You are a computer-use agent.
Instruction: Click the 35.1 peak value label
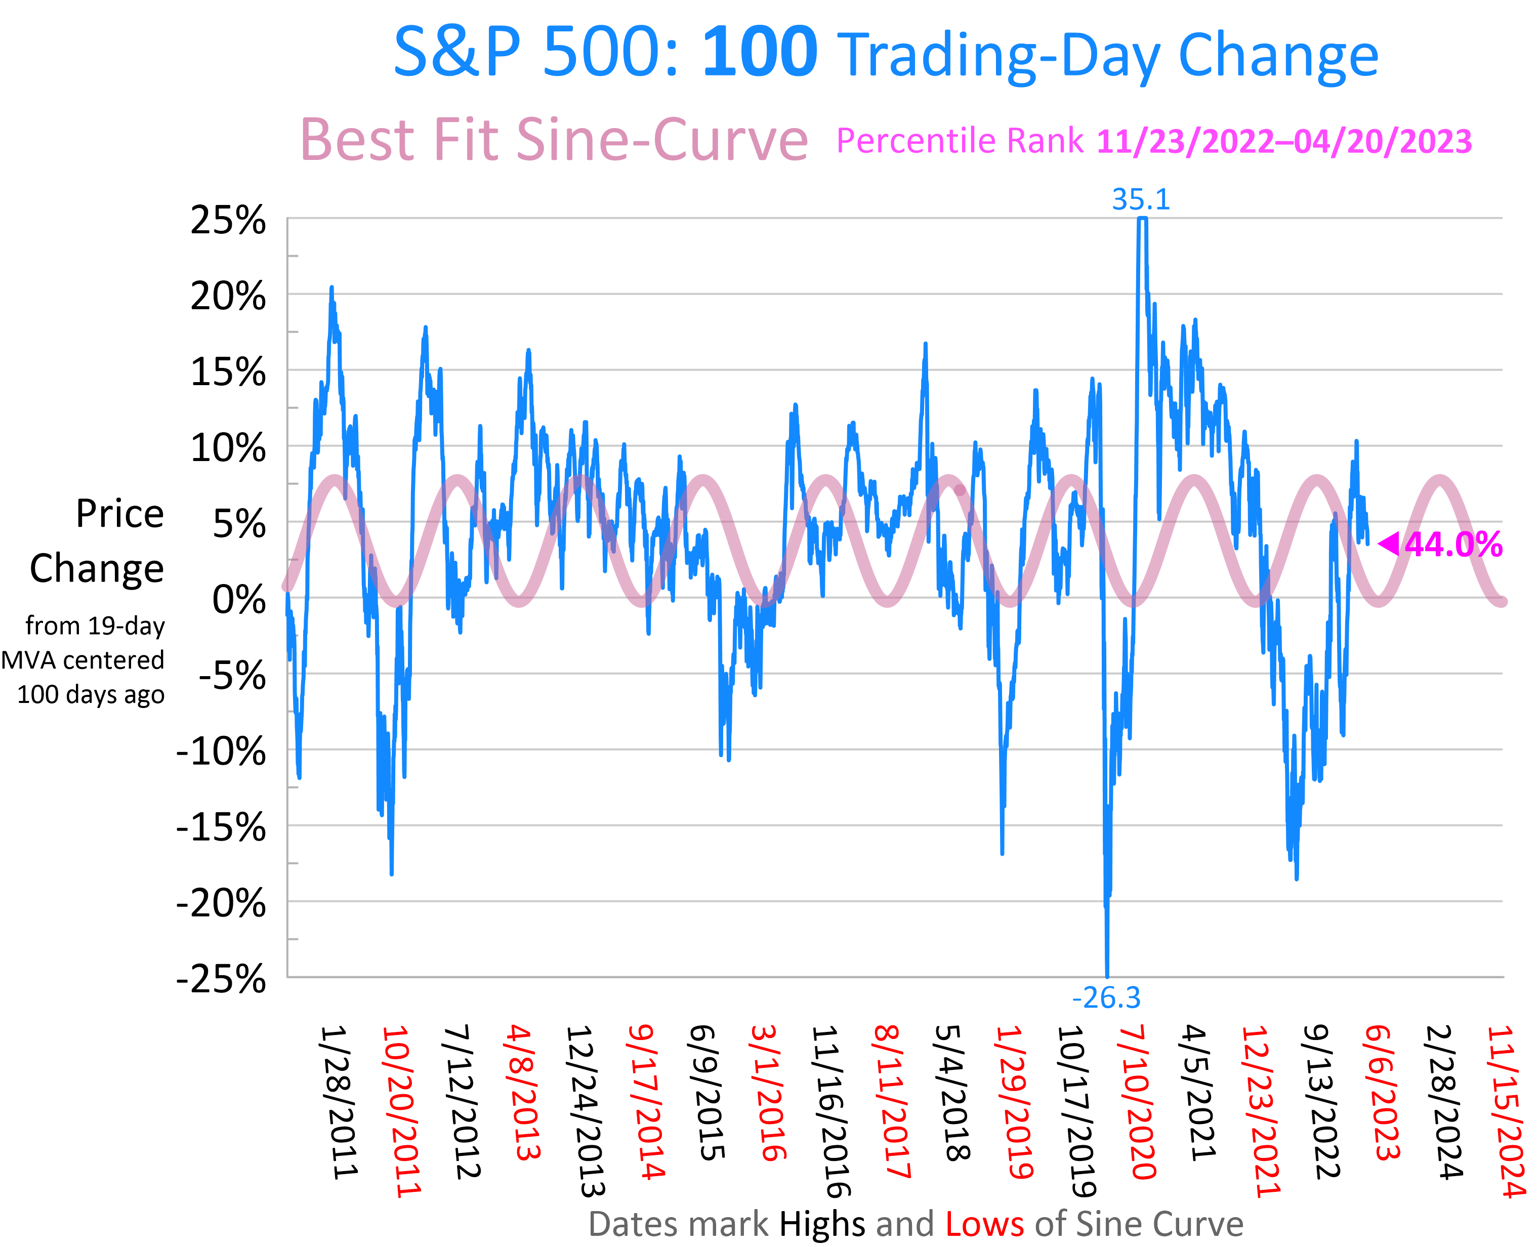point(1140,199)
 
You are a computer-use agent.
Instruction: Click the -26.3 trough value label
point(1106,997)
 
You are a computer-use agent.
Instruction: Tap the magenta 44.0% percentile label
point(1453,545)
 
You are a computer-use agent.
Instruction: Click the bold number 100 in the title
point(760,53)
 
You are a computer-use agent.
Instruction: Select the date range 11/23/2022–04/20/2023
point(1284,142)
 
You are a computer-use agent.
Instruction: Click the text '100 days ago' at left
point(91,695)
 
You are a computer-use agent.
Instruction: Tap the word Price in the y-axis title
point(120,514)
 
